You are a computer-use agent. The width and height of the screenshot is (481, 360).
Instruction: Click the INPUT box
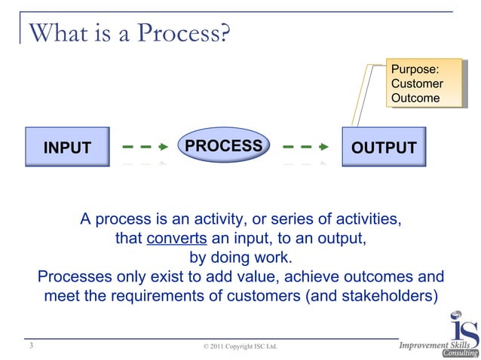[x=67, y=148]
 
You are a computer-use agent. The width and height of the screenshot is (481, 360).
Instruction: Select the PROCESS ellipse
[x=224, y=145]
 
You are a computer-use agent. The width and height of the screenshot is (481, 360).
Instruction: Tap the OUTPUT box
[x=384, y=148]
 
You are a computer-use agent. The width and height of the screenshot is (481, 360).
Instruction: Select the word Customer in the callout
[x=417, y=84]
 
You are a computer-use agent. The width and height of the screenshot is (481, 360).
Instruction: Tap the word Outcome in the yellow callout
[x=415, y=98]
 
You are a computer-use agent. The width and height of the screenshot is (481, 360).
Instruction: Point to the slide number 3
[x=30, y=346]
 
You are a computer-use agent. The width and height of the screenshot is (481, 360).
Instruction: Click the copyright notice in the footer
[x=240, y=346]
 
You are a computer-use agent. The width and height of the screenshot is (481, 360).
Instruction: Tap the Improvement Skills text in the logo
[x=434, y=345]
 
